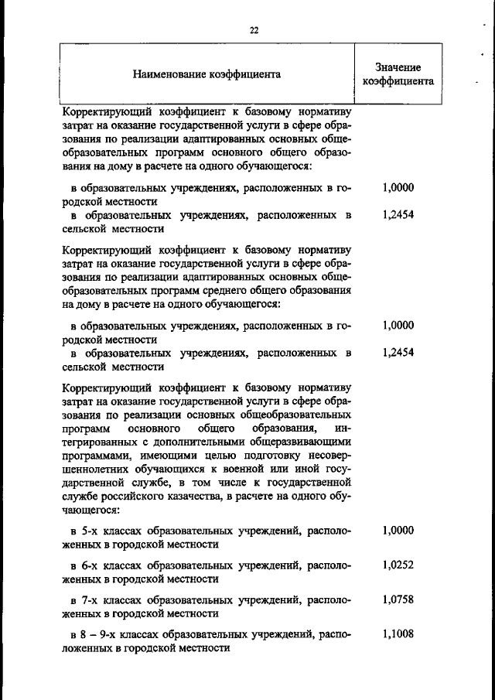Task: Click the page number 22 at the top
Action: click(254, 30)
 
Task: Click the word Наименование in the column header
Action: click(166, 75)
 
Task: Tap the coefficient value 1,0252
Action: click(398, 565)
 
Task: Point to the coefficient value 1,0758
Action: click(398, 599)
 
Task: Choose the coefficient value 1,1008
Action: click(398, 634)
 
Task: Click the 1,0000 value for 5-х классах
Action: click(398, 531)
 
